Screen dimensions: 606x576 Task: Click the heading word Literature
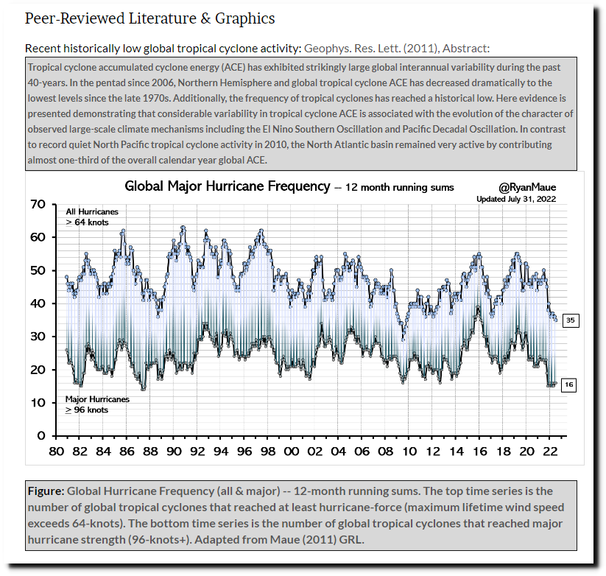click(x=162, y=18)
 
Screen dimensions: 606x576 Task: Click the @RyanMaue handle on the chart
click(x=527, y=188)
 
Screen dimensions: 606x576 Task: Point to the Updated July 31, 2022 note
click(x=516, y=199)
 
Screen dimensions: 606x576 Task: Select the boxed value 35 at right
click(x=571, y=320)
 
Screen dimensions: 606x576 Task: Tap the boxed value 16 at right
click(x=568, y=384)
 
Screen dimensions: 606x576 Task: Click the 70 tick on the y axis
click(x=38, y=204)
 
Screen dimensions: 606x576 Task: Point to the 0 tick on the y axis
click(x=41, y=436)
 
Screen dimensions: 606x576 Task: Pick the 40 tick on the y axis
click(x=38, y=303)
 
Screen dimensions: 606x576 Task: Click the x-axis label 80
click(x=57, y=452)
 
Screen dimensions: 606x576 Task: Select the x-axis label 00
click(x=292, y=452)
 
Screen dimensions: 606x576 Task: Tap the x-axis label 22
click(x=550, y=452)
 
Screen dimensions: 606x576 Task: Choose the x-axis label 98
click(x=268, y=452)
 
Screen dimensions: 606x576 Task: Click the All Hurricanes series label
click(x=92, y=212)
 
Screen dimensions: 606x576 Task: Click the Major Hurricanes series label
click(x=97, y=399)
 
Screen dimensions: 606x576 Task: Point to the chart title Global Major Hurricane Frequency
click(x=228, y=186)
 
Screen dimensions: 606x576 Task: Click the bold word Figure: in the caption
click(x=46, y=491)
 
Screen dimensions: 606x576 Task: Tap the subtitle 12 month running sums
click(x=400, y=188)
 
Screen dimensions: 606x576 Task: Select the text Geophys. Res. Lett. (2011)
click(x=371, y=49)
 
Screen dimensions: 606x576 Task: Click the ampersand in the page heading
click(x=205, y=18)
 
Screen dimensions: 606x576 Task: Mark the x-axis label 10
click(x=409, y=452)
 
